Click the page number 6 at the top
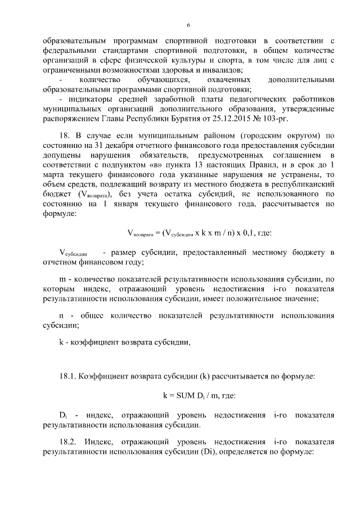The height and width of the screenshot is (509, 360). coord(188,25)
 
